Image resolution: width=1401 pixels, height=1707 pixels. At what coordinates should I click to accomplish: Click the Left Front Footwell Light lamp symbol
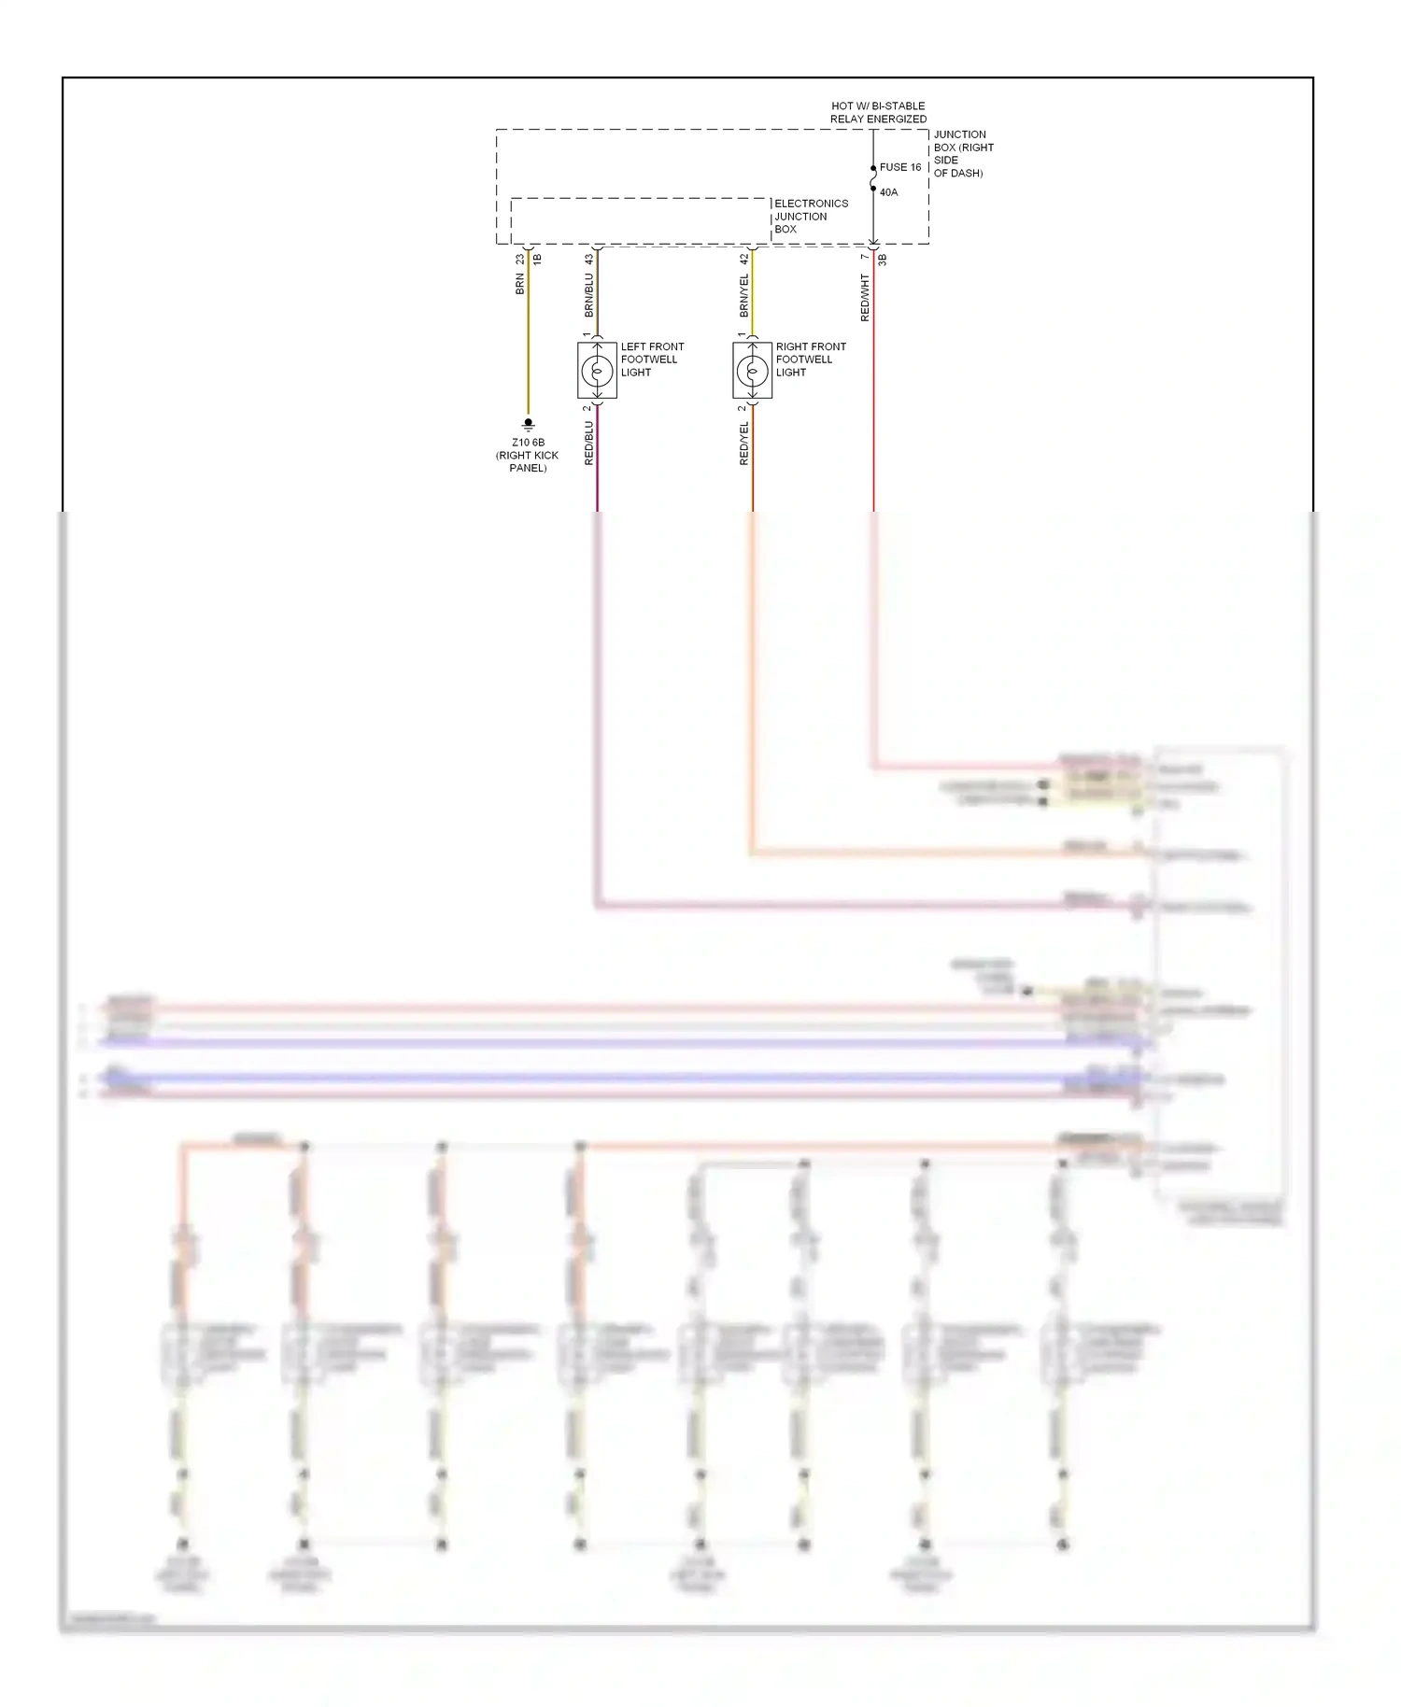pos(597,371)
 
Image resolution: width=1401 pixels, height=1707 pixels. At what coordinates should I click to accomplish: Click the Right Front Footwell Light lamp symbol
pos(752,371)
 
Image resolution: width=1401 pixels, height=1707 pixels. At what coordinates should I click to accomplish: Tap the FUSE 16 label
pos(900,167)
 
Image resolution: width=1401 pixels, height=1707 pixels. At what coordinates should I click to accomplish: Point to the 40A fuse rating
pos(888,192)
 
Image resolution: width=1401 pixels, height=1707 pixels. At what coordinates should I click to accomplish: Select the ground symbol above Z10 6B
pos(528,424)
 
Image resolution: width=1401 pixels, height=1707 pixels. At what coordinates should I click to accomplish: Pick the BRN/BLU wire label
pos(588,294)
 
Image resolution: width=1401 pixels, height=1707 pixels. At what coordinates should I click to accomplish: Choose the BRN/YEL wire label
pos(743,294)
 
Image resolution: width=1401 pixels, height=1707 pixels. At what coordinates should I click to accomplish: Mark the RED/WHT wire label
pos(865,298)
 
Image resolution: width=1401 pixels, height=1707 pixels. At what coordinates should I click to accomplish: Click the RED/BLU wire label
pos(588,443)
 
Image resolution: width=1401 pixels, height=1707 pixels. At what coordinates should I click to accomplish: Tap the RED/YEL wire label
pos(743,443)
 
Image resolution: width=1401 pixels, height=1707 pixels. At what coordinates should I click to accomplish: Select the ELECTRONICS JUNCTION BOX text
pos(810,217)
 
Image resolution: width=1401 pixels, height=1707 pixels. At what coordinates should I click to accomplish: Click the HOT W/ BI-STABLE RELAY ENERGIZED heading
pos(878,112)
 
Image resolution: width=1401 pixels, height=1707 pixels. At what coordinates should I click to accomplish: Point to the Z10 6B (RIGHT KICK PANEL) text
pos(528,455)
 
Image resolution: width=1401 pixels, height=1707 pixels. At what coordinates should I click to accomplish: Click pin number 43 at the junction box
pos(588,259)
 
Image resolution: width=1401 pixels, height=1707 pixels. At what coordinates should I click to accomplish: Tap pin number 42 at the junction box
pos(743,259)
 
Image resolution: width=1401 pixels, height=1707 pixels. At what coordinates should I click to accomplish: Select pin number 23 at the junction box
pos(519,259)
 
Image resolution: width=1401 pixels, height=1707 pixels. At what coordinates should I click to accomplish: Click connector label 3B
pos(883,260)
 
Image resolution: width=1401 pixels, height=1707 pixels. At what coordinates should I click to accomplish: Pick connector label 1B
pos(537,259)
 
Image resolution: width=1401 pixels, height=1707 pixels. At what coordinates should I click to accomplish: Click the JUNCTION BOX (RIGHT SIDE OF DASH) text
pos(963,153)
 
